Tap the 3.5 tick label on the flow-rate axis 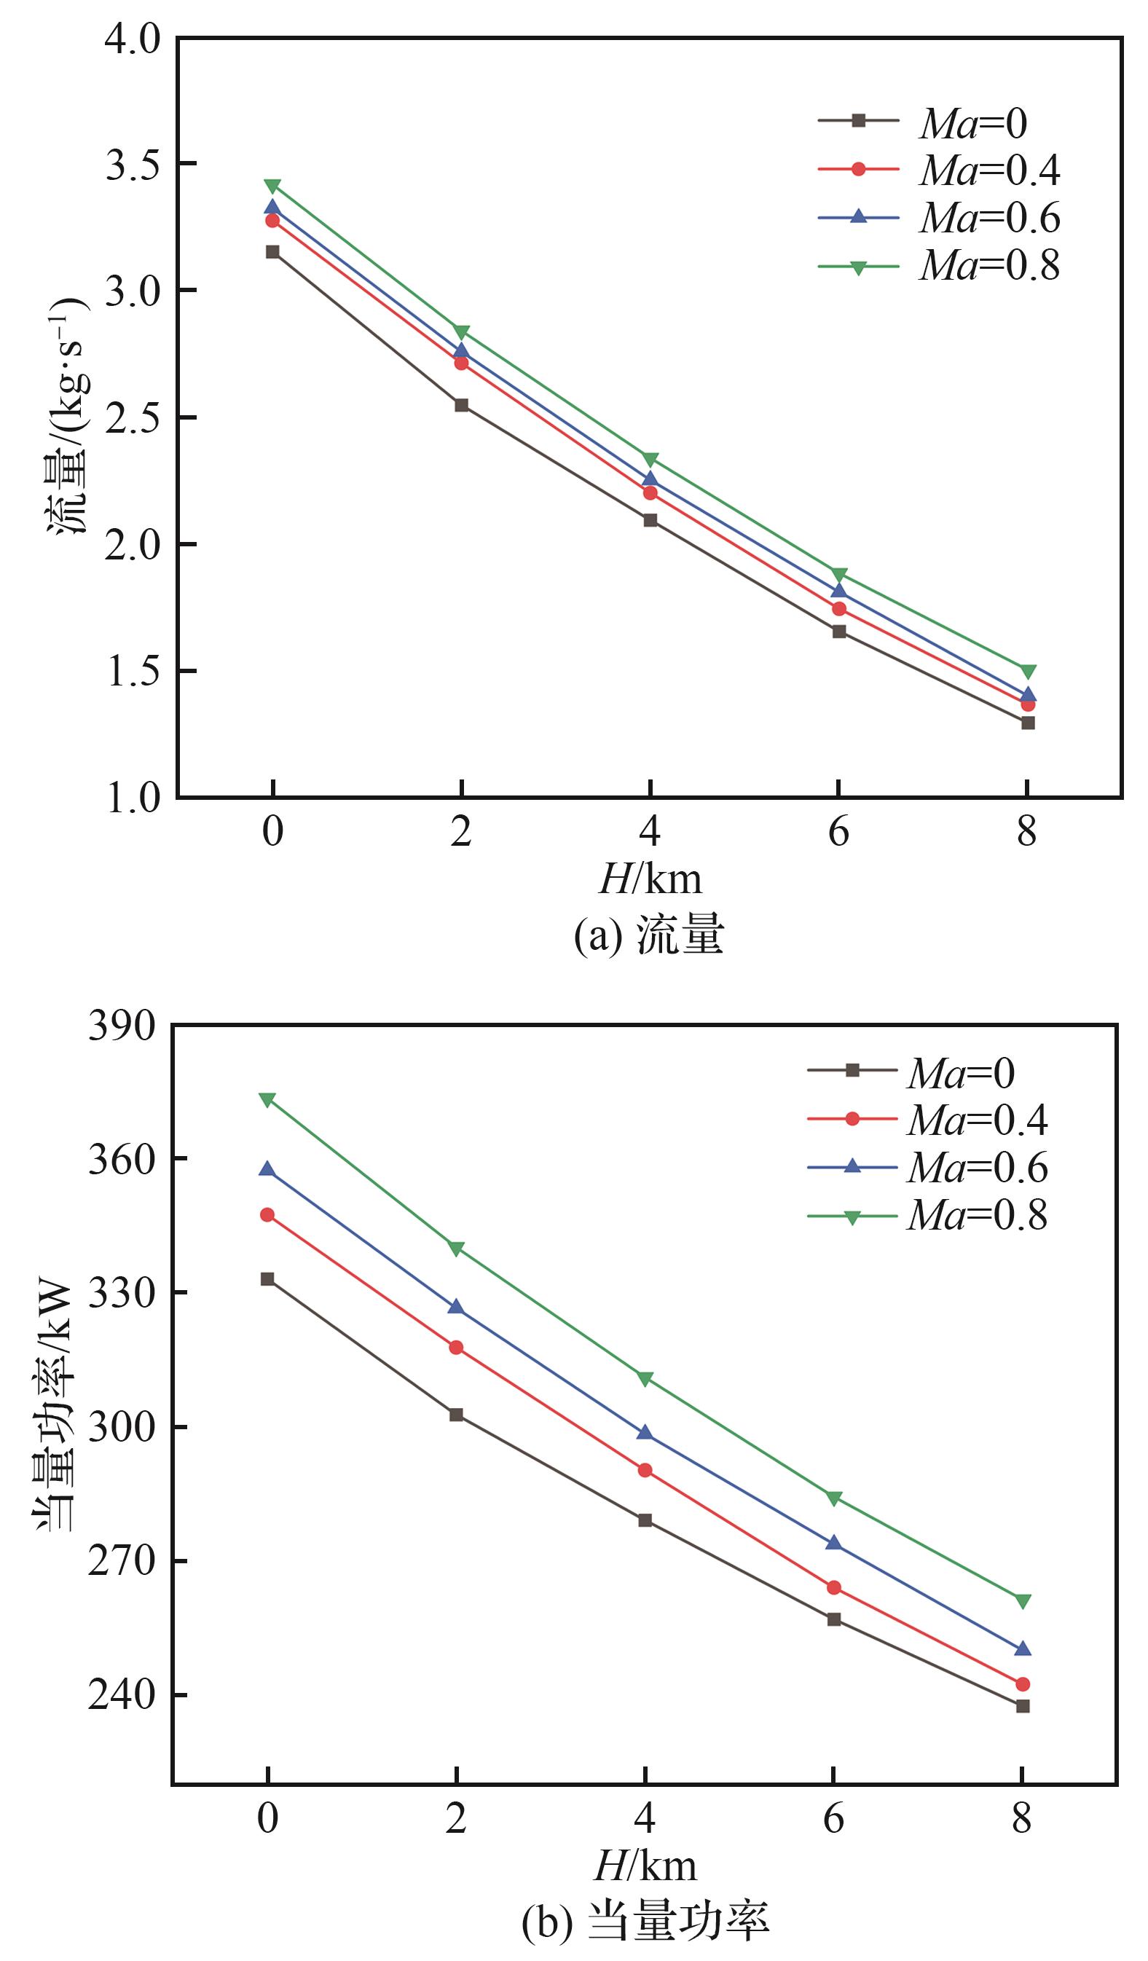tap(133, 164)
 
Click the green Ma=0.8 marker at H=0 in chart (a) tap(272, 186)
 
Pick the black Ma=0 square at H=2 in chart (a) tap(462, 404)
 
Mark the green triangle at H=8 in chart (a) tap(1027, 672)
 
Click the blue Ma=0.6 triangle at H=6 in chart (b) tap(833, 1542)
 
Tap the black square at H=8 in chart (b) tap(1023, 1706)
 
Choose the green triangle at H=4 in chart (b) tap(645, 1379)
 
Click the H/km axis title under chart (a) tap(650, 879)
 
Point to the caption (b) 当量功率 tap(645, 1922)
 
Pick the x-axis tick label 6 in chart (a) tap(838, 833)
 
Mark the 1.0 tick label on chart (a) tap(133, 798)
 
